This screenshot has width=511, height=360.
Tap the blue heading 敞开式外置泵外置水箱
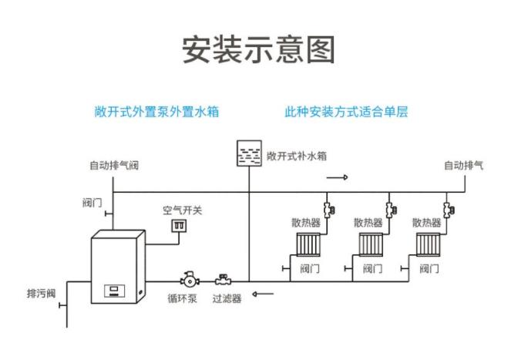click(x=156, y=112)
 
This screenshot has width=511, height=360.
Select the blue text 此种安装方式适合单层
click(x=345, y=112)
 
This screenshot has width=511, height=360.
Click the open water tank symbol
click(x=249, y=154)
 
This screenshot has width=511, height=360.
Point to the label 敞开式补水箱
click(x=297, y=155)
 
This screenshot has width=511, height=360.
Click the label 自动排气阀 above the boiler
click(x=114, y=166)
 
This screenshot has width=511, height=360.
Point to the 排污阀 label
click(x=41, y=293)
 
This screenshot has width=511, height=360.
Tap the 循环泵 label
click(x=183, y=298)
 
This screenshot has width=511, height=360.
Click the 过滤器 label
click(x=227, y=298)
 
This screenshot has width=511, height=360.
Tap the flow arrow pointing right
click(x=337, y=177)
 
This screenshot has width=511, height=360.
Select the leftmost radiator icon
click(x=308, y=245)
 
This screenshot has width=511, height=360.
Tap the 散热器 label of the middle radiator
click(x=368, y=222)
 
